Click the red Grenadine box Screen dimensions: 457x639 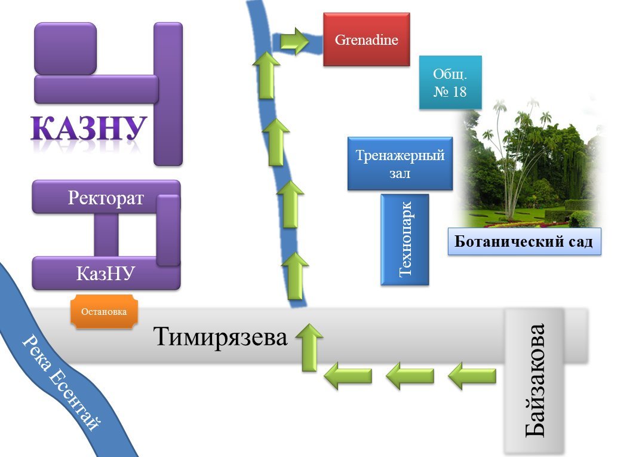[366, 40]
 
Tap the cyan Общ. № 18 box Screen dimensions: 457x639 [450, 83]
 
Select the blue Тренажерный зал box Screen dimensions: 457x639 [400, 164]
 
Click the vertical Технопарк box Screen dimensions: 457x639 [405, 239]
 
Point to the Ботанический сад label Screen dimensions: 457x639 [524, 243]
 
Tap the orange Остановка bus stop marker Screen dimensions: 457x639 [104, 312]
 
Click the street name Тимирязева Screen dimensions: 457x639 [220, 337]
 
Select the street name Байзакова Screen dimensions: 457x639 [534, 380]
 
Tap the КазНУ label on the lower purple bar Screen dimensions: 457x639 [106, 274]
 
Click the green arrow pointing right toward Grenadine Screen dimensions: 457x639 [294, 41]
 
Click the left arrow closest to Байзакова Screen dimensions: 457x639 [472, 376]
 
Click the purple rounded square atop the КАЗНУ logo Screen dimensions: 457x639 [65, 48]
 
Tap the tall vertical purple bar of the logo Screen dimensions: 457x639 [168, 94]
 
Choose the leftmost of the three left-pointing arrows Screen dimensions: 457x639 [348, 376]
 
